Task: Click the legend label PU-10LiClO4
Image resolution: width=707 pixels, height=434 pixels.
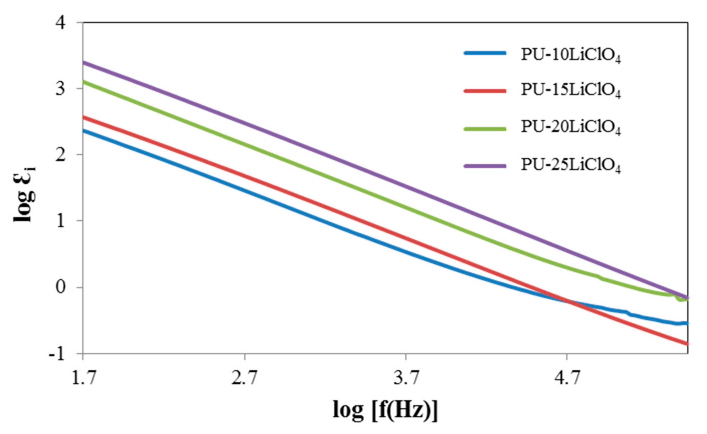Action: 571,55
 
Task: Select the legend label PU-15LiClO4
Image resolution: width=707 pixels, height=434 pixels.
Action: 571,91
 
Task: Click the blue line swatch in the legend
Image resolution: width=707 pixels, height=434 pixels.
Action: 485,53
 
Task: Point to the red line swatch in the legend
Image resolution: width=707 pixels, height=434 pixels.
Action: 485,91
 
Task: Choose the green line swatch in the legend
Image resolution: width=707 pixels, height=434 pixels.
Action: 485,129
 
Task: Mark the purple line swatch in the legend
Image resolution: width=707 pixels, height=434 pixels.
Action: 485,166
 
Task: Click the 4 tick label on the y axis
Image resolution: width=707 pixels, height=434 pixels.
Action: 60,22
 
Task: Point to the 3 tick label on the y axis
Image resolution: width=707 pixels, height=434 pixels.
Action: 60,89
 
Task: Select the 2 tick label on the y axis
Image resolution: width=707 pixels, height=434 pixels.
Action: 60,155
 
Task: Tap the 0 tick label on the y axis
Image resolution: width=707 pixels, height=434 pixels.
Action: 60,287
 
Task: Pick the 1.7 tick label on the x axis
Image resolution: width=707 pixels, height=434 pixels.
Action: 83,378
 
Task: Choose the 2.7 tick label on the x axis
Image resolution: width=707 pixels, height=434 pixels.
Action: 244,378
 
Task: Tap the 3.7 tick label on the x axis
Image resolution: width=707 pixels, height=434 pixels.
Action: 406,378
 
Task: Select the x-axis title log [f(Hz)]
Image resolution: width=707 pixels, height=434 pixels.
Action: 385,410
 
